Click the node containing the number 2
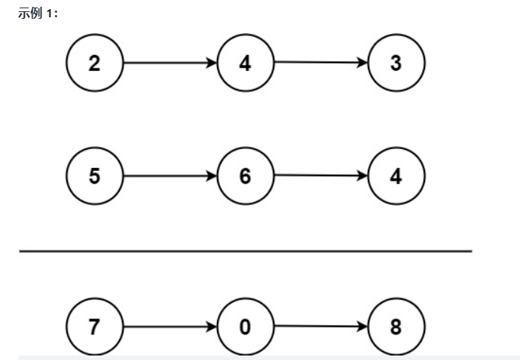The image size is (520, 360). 94,63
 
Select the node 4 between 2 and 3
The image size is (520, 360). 245,63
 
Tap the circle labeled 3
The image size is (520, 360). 396,63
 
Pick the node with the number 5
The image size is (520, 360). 94,176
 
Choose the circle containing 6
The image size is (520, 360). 245,176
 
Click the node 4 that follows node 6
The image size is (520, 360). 396,176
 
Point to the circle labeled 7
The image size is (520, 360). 94,327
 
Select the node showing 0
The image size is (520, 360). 245,327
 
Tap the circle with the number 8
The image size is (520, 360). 396,327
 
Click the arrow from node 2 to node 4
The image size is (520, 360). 170,63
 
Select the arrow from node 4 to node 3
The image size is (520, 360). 321,63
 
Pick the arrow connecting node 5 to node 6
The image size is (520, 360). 170,176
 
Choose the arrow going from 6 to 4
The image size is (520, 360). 321,176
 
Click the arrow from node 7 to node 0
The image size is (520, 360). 170,327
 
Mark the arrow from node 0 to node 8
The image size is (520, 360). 321,327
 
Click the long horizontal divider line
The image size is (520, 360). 245,251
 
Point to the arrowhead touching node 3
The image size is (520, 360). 362,63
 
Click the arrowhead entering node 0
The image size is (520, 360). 212,327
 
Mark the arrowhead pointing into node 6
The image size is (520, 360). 212,176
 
